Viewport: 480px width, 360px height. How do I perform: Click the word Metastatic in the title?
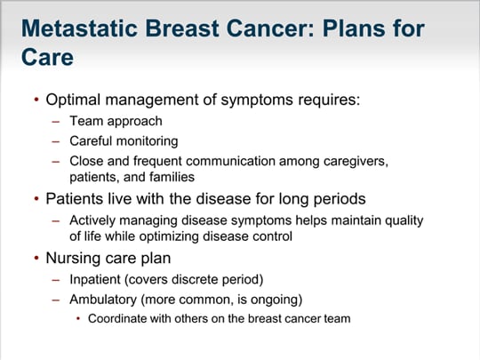tap(80, 28)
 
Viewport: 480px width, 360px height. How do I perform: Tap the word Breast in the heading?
tap(182, 28)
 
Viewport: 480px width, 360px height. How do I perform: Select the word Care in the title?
tap(47, 57)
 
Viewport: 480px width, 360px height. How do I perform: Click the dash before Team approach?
tap(56, 122)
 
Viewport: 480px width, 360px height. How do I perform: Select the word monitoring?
tap(148, 141)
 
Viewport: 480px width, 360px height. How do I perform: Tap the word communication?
tap(230, 161)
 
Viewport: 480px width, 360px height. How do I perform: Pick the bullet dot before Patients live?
tap(36, 199)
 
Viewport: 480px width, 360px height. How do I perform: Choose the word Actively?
tap(92, 220)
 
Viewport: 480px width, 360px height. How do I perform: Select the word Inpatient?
tap(95, 280)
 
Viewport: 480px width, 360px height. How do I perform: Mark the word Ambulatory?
tap(103, 300)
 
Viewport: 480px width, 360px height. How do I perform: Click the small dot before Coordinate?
tap(78, 319)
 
